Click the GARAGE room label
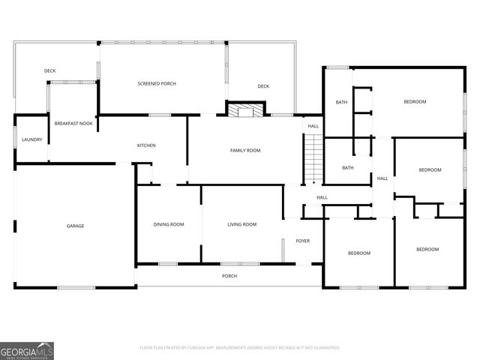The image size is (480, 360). coord(75,226)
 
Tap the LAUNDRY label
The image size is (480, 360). coord(31,139)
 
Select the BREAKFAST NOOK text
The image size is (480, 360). coord(73,123)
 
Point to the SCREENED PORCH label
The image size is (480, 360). coord(157,83)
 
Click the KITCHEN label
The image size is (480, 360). coord(145,145)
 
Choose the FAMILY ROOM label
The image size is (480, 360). coord(244,151)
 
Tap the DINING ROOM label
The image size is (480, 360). coord(168,224)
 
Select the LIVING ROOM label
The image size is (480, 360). coord(242,224)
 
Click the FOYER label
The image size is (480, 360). coord(302,241)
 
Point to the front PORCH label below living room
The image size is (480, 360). coord(229,276)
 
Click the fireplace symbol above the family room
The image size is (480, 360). coord(245,111)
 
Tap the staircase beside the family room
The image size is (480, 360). coord(313,159)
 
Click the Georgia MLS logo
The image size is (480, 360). coord(27,350)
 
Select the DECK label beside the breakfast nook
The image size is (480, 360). coord(49,71)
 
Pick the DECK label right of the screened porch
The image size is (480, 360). coord(263,86)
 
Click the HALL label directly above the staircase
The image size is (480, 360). coord(313,127)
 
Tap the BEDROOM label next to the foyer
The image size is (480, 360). coord(359,253)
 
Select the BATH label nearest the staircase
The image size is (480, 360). coord(348,167)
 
